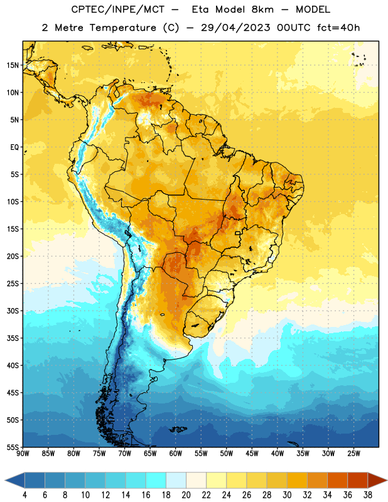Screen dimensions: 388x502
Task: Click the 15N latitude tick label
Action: click(x=13, y=65)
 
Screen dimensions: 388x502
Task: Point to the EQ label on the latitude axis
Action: click(x=14, y=147)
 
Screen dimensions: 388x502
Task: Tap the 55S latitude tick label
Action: click(x=13, y=447)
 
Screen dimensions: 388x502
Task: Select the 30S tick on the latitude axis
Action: click(x=13, y=311)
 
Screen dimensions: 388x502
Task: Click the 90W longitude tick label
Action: click(x=23, y=454)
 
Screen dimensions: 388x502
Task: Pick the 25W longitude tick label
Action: click(x=353, y=454)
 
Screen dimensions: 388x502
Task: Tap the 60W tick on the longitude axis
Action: click(x=176, y=454)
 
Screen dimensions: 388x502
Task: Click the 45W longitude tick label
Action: click(x=252, y=454)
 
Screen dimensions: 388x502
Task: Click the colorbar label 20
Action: click(x=186, y=495)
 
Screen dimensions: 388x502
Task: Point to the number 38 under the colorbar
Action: click(x=368, y=495)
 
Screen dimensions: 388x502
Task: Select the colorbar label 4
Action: click(x=24, y=495)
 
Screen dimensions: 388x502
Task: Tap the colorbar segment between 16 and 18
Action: click(x=156, y=480)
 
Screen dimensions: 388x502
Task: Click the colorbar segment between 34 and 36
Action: click(x=337, y=480)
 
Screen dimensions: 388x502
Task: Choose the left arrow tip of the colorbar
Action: click(x=5, y=480)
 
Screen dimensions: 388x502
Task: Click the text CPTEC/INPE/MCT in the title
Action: click(x=117, y=9)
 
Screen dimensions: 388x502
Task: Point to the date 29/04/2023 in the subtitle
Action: click(x=235, y=28)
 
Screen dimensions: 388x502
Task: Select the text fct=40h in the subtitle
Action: click(x=338, y=28)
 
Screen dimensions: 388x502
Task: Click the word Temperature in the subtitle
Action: click(x=122, y=28)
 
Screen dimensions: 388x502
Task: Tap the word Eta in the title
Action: click(x=200, y=9)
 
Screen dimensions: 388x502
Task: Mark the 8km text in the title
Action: click(x=262, y=9)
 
